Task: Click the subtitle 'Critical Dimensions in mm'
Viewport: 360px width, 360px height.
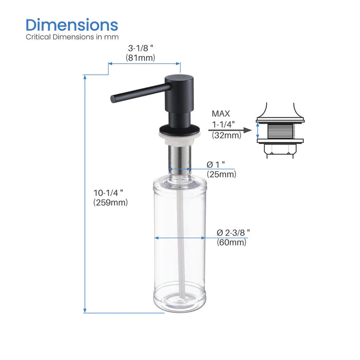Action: click(72, 37)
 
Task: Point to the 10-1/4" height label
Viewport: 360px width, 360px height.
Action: click(109, 192)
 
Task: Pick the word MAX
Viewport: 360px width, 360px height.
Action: click(222, 114)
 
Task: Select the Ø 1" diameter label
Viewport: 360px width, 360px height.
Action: click(217, 165)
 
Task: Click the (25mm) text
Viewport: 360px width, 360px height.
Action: click(221, 174)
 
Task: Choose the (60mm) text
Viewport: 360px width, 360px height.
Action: click(231, 242)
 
